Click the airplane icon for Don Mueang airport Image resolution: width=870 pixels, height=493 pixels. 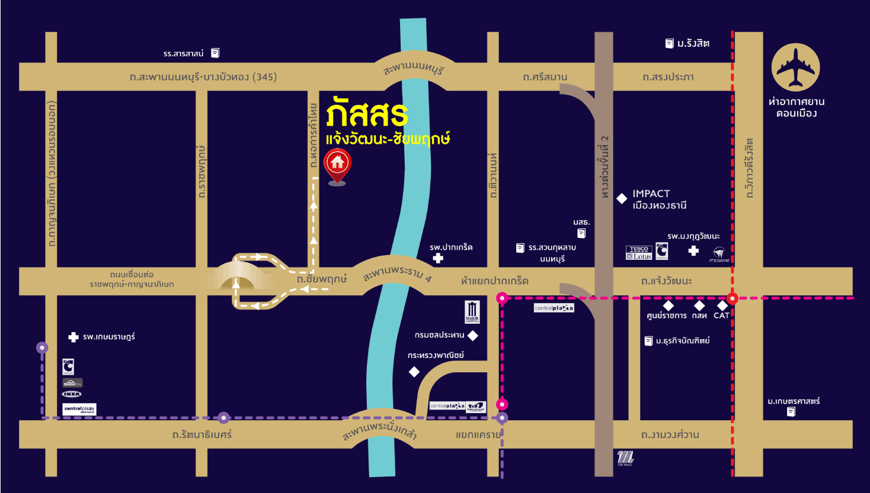pyautogui.click(x=795, y=67)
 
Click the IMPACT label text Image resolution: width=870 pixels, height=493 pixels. pyautogui.click(x=651, y=194)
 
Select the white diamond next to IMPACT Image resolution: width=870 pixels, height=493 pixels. pyautogui.click(x=622, y=199)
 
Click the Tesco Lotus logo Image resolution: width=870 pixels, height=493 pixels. pyautogui.click(x=639, y=253)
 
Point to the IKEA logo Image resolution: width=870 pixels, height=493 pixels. pyautogui.click(x=72, y=394)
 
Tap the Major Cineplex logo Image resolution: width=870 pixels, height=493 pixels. pyautogui.click(x=472, y=311)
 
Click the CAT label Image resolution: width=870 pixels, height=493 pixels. pyautogui.click(x=721, y=315)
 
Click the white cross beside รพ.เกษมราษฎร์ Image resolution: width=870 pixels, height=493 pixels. pyautogui.click(x=73, y=337)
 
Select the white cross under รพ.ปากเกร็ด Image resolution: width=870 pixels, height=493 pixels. pyautogui.click(x=438, y=258)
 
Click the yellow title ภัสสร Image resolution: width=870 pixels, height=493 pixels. pyautogui.click(x=366, y=114)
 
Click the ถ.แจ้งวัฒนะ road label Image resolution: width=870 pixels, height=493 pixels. pyautogui.click(x=667, y=281)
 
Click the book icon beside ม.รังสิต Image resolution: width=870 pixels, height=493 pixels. pyautogui.click(x=669, y=43)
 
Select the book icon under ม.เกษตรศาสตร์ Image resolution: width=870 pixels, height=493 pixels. pyautogui.click(x=791, y=412)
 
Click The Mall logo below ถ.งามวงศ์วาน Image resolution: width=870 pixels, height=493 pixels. pyautogui.click(x=625, y=457)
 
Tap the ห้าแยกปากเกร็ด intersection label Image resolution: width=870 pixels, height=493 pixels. pyautogui.click(x=494, y=281)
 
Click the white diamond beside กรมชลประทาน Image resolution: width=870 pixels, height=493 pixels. pyautogui.click(x=472, y=336)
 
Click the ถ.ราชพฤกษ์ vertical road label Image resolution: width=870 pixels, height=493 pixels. pyautogui.click(x=201, y=172)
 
